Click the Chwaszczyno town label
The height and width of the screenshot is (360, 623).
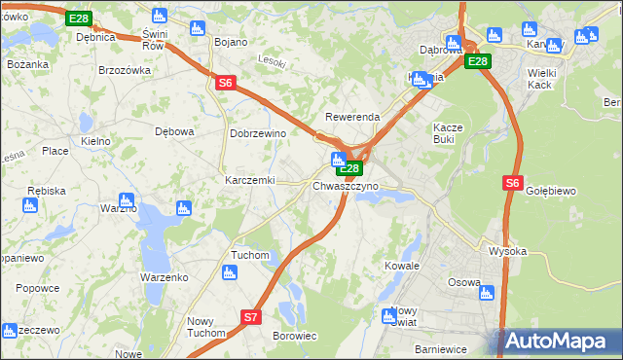(346, 186)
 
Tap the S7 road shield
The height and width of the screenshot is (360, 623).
(250, 316)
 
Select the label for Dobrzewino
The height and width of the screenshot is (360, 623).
(256, 133)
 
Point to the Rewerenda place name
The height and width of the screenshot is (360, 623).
(352, 117)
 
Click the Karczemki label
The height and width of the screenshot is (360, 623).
(250, 181)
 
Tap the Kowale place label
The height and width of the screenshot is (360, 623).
(401, 266)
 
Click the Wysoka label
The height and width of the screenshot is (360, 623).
(507, 251)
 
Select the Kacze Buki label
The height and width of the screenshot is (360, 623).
(452, 133)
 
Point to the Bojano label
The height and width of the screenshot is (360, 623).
(231, 42)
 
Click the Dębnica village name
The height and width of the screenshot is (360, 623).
(95, 37)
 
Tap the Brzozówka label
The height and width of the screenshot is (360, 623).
(125, 70)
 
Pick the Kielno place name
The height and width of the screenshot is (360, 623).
(95, 141)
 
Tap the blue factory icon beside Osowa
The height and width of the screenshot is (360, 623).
(487, 293)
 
